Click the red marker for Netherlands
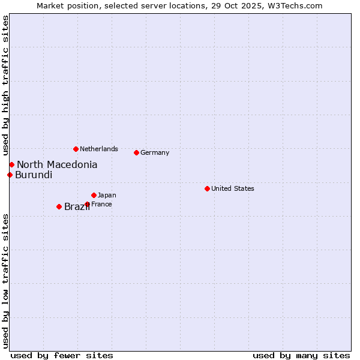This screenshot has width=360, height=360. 76,149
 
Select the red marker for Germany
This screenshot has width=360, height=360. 136,152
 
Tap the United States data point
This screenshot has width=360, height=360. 207,188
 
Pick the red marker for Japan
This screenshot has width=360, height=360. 94,195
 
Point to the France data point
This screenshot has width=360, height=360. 87,204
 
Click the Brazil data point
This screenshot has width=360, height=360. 59,206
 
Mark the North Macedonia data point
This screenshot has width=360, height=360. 11,164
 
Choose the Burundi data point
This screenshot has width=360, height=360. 10,175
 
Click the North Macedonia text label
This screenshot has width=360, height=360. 57,164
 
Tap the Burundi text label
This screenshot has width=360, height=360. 34,175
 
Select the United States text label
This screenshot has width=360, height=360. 233,188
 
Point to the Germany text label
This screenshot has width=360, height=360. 155,152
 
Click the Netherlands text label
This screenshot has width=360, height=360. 99,149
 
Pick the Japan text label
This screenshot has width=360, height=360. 107,195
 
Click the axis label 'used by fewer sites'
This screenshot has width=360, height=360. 62,355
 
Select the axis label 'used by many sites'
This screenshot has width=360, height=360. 301,355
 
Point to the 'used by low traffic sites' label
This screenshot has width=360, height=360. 5,281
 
